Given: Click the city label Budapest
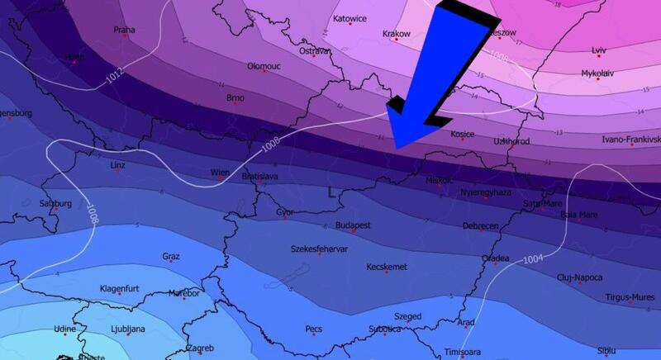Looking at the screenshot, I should point(353,225).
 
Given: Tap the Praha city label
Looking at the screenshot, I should point(124,30).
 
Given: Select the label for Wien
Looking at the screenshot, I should point(220,173).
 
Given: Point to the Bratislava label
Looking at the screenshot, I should point(259,177).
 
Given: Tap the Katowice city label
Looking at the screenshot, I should point(349,17).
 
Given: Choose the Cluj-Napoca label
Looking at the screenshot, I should point(579,277).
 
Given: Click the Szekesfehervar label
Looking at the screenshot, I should point(320,248).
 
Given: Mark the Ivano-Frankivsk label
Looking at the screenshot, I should point(632,139).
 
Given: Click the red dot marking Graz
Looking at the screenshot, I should point(170,264).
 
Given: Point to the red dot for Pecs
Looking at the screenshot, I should point(314,335).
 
